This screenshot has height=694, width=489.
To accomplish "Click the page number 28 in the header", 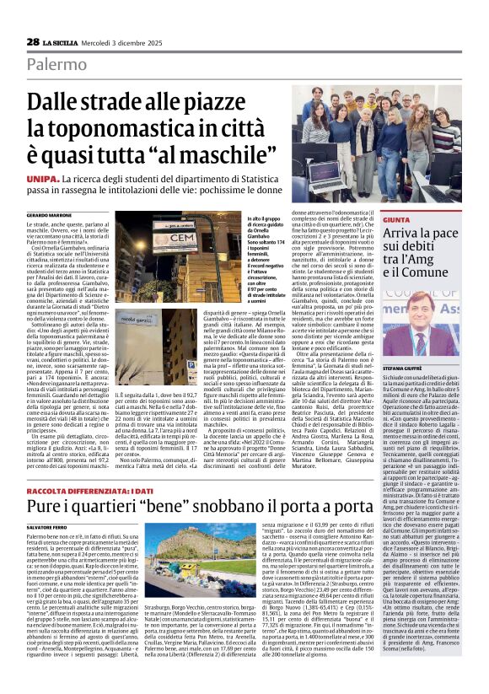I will coord(33,41).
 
